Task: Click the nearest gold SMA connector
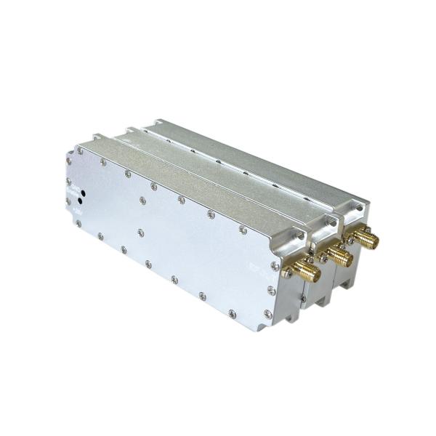pyautogui.click(x=306, y=274)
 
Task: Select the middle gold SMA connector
pyautogui.click(x=336, y=255)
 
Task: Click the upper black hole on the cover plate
pyautogui.click(x=82, y=195)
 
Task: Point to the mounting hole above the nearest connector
pyautogui.click(x=296, y=238)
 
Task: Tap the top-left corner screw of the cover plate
pyautogui.click(x=80, y=151)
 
